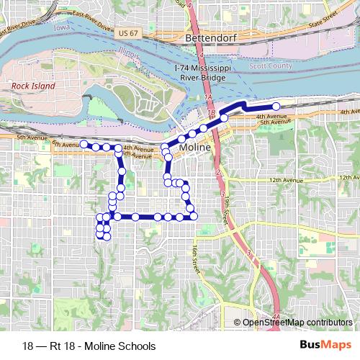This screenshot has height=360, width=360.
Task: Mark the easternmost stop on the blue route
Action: [x=276, y=107]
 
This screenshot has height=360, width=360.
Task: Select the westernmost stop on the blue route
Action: [x=84, y=144]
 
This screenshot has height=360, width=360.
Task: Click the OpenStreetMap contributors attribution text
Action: [x=298, y=323]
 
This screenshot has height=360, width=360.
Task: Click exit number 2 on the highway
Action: [x=217, y=173]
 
